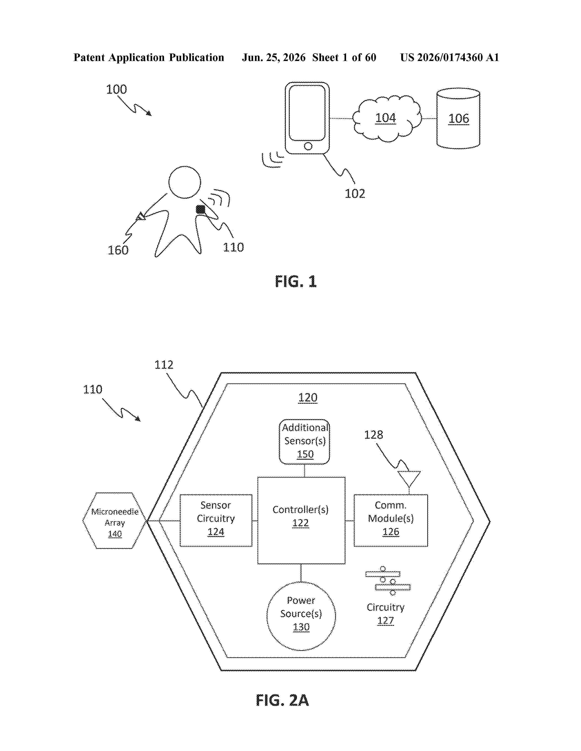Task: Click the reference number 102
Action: tap(355, 194)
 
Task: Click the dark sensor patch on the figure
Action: tap(200, 209)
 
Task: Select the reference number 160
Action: tap(118, 250)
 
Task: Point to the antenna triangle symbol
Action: tap(409, 479)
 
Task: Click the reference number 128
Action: tap(373, 435)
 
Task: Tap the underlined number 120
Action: tap(308, 398)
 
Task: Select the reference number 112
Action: tap(164, 365)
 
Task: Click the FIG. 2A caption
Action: tap(282, 700)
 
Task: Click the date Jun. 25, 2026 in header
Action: tap(274, 57)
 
